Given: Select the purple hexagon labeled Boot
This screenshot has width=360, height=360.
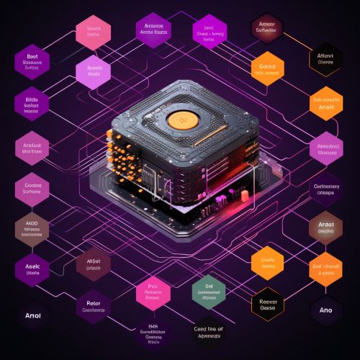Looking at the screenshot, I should point(32,62).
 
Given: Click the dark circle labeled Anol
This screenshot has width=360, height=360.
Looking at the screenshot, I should point(32,315).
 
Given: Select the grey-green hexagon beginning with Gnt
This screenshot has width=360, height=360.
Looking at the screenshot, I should point(210,291).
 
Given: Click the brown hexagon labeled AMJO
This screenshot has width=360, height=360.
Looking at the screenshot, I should point(32,228).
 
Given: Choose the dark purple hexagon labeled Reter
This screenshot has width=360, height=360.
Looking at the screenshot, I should point(94,306).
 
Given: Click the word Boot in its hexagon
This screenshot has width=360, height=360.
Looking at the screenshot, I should point(32,55).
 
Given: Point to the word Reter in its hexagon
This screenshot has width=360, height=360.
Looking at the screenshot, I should point(94,302).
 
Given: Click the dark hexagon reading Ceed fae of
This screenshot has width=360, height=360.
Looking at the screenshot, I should point(210,332).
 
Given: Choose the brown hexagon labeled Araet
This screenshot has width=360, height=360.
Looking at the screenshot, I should point(325,228).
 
